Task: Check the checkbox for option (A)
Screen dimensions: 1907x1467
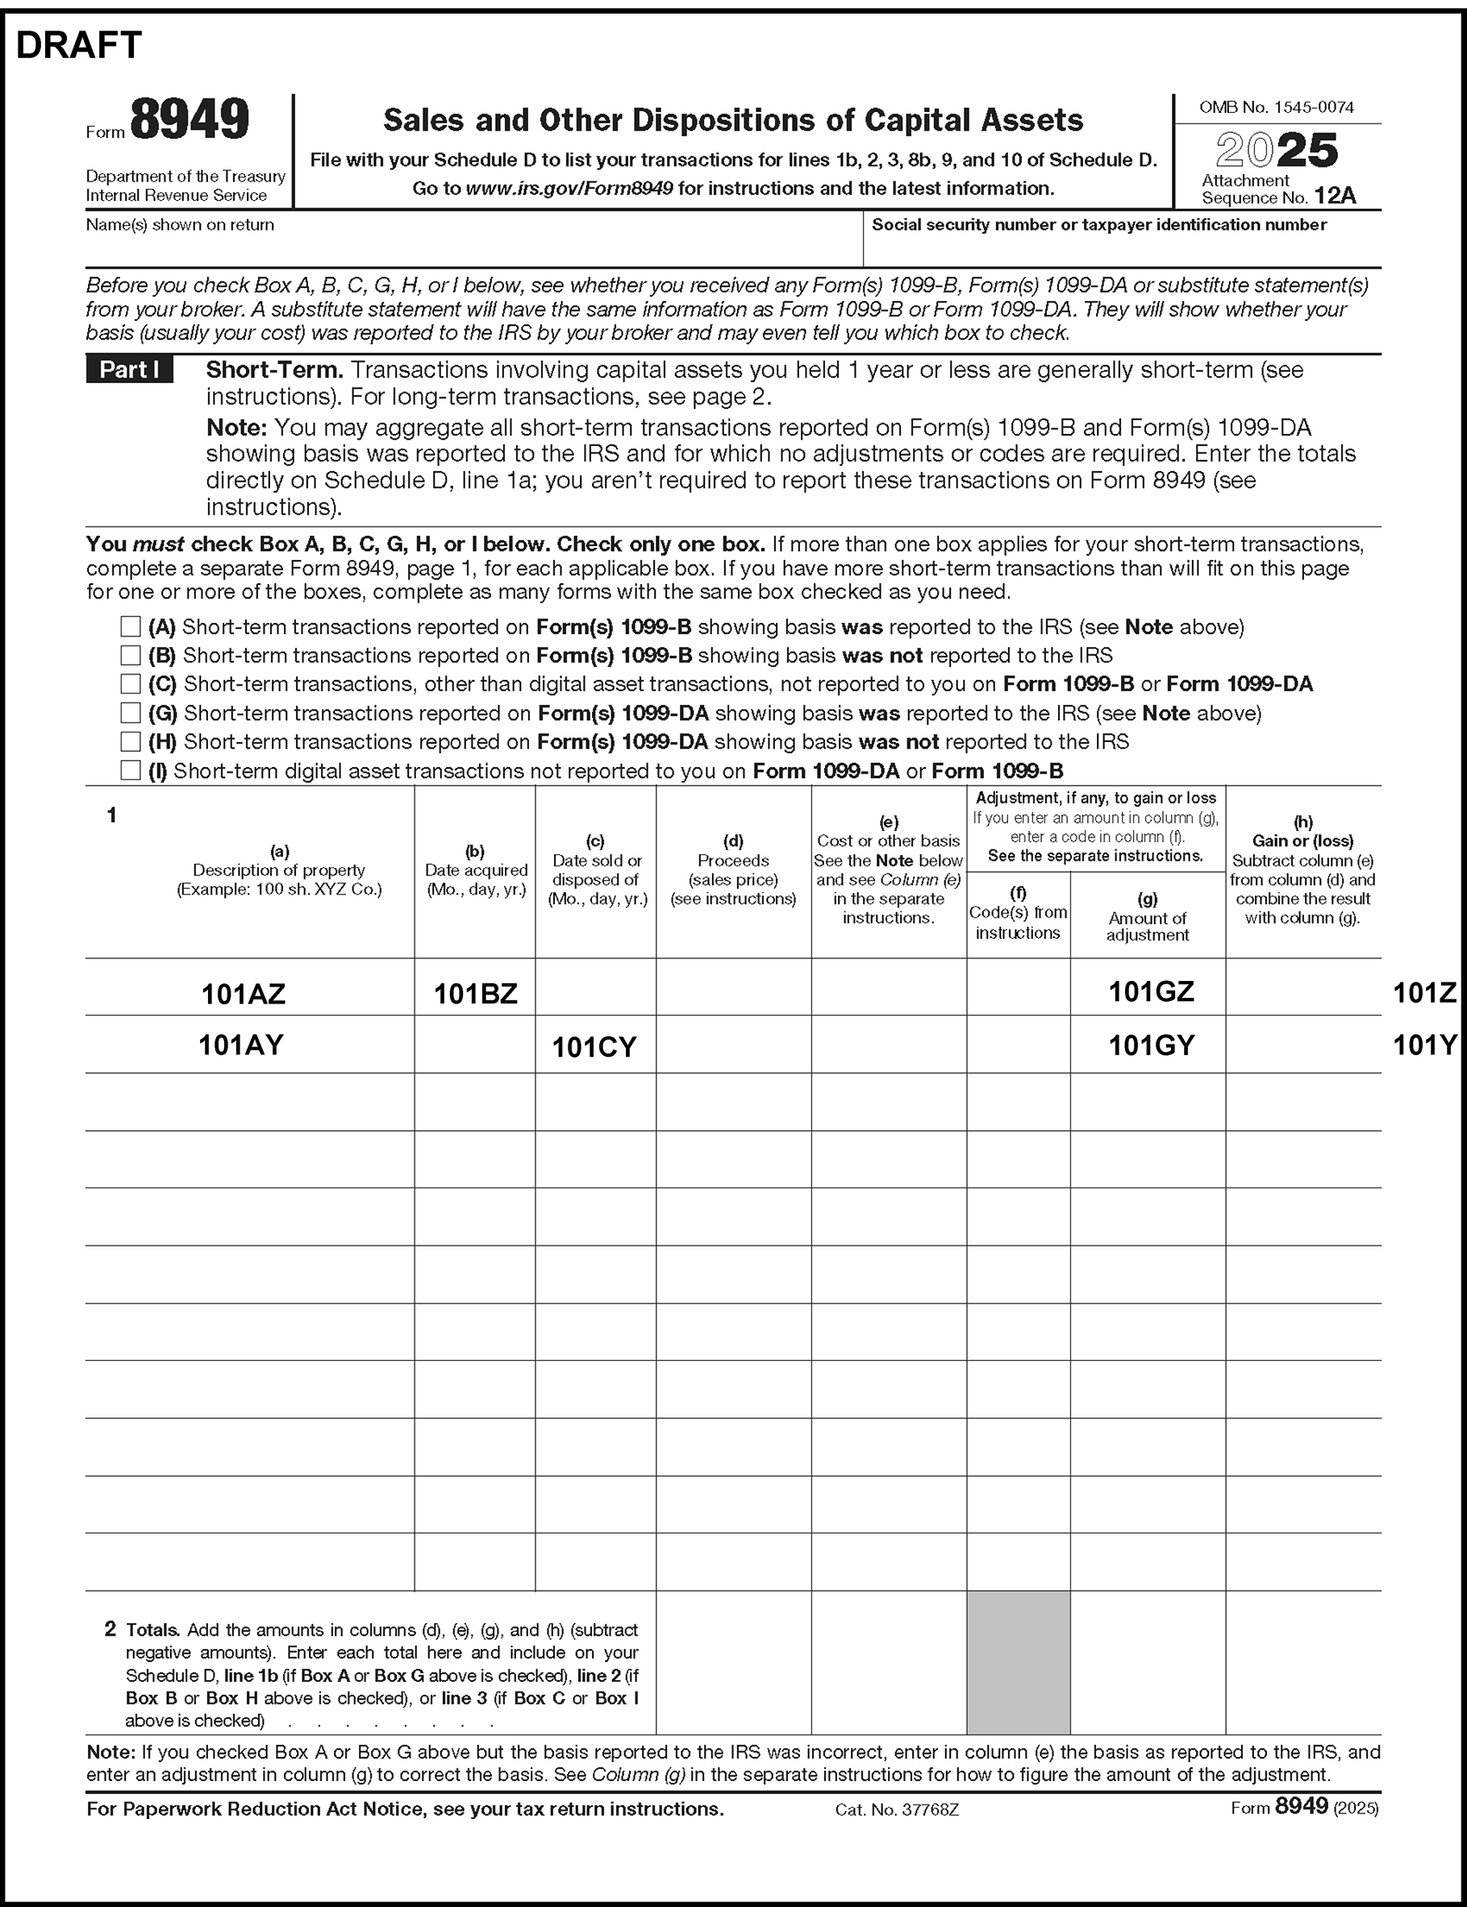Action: pyautogui.click(x=130, y=626)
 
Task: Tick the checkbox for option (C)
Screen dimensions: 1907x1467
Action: pyautogui.click(x=130, y=684)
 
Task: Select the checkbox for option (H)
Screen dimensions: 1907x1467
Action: pyautogui.click(x=130, y=741)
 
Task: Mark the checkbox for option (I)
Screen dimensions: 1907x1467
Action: pyautogui.click(x=130, y=770)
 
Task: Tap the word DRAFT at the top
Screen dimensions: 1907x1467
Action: pyautogui.click(x=78, y=45)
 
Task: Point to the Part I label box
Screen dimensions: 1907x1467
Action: pyautogui.click(x=129, y=369)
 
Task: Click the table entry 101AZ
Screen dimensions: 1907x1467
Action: pyautogui.click(x=243, y=994)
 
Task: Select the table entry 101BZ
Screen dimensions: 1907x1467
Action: pyautogui.click(x=475, y=994)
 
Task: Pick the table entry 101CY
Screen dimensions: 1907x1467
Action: pyautogui.click(x=594, y=1047)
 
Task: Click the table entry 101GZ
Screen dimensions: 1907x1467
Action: pyautogui.click(x=1151, y=992)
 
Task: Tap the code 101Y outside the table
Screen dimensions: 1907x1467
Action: pyautogui.click(x=1424, y=1045)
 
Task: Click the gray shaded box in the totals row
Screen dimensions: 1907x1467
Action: pyautogui.click(x=1017, y=1662)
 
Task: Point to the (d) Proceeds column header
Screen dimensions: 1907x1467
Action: pyautogui.click(x=732, y=870)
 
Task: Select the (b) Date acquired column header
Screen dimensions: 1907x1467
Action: pyautogui.click(x=475, y=870)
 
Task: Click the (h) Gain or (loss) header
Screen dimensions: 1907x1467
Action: pyautogui.click(x=1302, y=870)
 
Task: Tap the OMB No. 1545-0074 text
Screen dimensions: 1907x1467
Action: pyautogui.click(x=1276, y=107)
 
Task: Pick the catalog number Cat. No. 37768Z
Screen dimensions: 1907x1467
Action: pyautogui.click(x=897, y=1810)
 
